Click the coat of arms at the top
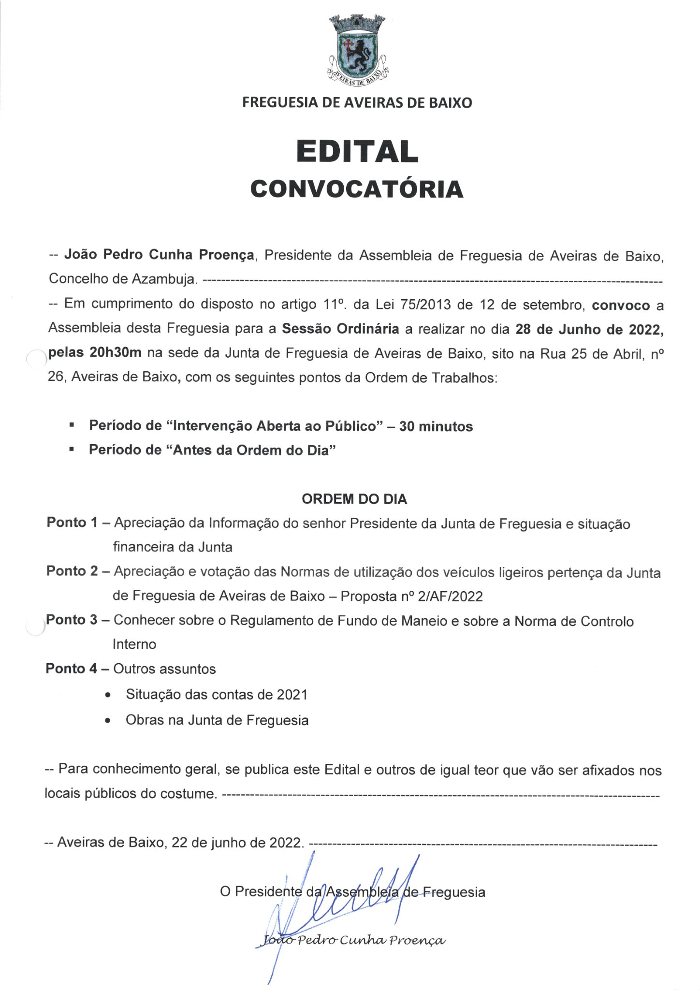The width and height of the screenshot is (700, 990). coord(358,51)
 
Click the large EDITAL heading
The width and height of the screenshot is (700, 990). coord(357,151)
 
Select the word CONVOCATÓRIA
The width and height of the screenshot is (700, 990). coord(357,189)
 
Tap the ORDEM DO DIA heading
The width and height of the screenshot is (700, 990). coord(354,499)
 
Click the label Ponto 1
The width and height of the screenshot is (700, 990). coord(72,523)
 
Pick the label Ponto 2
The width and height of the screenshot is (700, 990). coord(72,571)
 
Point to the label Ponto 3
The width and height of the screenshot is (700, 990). coord(72,620)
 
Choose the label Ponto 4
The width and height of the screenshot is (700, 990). coord(72,669)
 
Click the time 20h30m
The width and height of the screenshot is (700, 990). coord(116,352)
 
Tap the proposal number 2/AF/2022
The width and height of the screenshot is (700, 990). coord(450,597)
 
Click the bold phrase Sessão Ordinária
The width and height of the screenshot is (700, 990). coord(340,329)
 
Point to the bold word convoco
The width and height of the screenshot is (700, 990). coord(621,306)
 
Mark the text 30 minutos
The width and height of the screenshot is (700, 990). coord(436,426)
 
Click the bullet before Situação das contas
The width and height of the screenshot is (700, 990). coord(108,695)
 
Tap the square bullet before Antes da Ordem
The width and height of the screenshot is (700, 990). coord(72,450)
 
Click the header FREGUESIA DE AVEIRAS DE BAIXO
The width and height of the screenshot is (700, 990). coord(357,102)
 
